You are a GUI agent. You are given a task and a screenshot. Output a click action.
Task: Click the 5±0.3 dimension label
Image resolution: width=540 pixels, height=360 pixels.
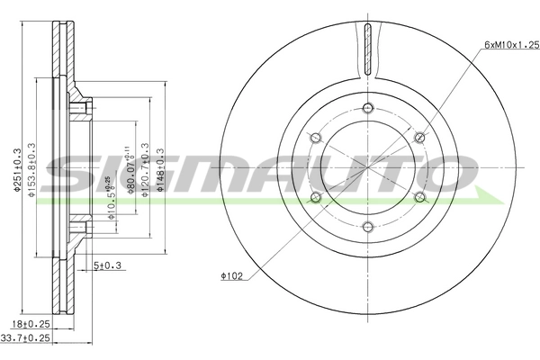[108, 265]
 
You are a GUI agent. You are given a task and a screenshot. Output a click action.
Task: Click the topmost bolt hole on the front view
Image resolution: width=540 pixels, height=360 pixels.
[367, 108]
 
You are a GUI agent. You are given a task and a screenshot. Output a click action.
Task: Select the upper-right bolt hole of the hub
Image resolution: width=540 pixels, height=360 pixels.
[419, 138]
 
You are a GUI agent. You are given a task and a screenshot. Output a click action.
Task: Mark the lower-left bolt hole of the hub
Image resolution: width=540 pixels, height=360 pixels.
[315, 197]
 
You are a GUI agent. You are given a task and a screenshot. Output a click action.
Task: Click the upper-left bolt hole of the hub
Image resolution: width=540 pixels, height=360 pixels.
[315, 138]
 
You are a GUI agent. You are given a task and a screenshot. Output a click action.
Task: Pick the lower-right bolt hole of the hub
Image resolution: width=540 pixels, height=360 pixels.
[419, 197]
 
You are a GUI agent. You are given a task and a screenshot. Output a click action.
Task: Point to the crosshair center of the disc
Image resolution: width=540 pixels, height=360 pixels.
[367, 167]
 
